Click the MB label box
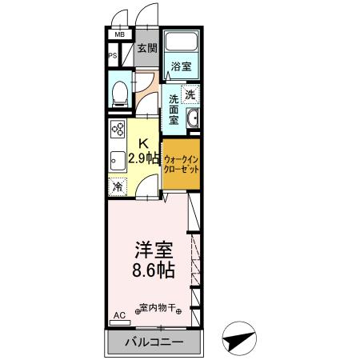[119, 35]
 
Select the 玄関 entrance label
[146, 48]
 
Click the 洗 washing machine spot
[190, 95]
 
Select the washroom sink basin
[192, 121]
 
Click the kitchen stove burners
[118, 129]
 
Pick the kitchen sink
[116, 158]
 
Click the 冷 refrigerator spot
[118, 186]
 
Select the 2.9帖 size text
[145, 158]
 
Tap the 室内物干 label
[159, 308]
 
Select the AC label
[119, 317]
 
